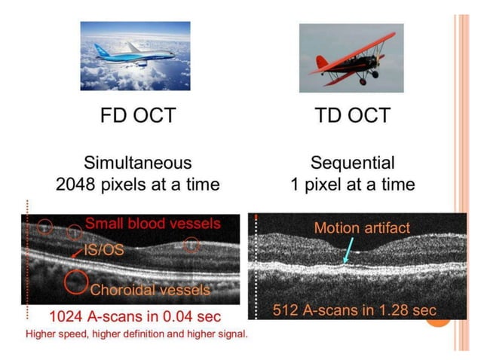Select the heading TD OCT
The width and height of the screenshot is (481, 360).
pos(351,115)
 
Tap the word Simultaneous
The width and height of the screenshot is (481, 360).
pos(137,162)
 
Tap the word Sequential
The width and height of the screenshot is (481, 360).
pos(352,162)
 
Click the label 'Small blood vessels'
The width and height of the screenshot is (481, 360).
pos(153,224)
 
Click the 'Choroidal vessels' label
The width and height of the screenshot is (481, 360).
pos(150,289)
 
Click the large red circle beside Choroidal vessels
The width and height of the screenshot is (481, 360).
pos(75,282)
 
